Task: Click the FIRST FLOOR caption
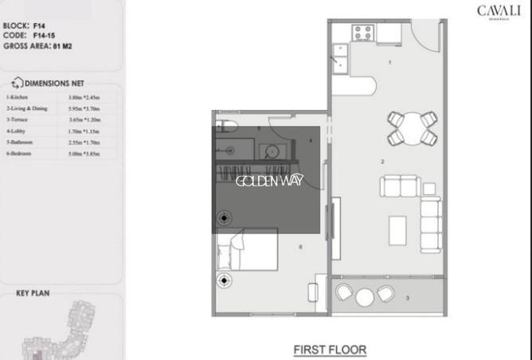tap(329, 349)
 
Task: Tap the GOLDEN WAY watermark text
tap(269, 181)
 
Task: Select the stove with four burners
tap(364, 33)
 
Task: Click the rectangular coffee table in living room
tap(398, 231)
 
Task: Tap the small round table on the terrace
tap(365, 296)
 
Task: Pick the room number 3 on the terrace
tap(407, 298)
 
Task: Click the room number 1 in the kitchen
tap(389, 61)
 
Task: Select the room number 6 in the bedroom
tap(299, 247)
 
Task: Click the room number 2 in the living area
tap(383, 162)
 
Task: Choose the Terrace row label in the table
tap(19, 119)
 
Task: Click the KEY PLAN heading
tap(33, 293)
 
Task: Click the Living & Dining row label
tap(27, 108)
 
